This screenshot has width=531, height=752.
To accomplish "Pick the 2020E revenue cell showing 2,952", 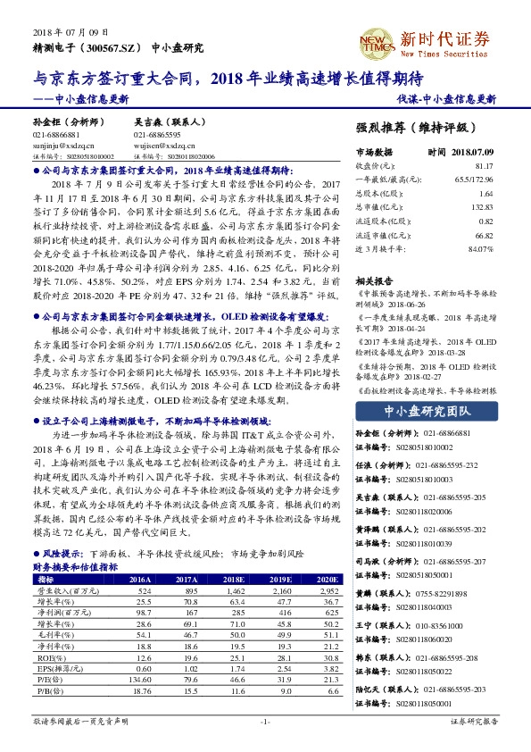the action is [327, 591].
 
